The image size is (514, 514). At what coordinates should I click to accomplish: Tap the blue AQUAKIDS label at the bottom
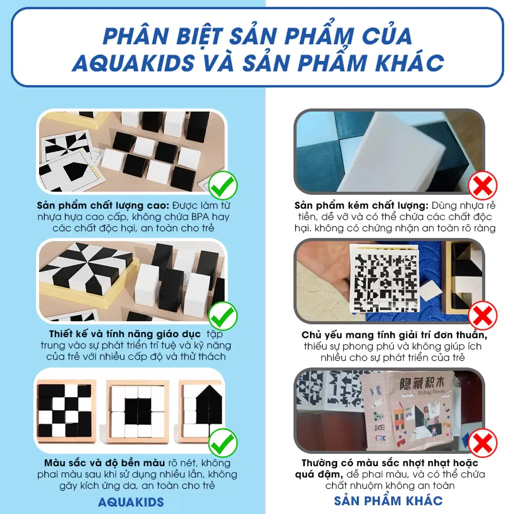[132, 502]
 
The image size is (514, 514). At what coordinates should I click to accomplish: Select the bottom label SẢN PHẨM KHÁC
[388, 501]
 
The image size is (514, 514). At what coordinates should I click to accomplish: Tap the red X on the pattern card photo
[483, 315]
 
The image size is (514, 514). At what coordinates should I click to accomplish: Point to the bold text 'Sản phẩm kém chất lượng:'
[361, 205]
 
